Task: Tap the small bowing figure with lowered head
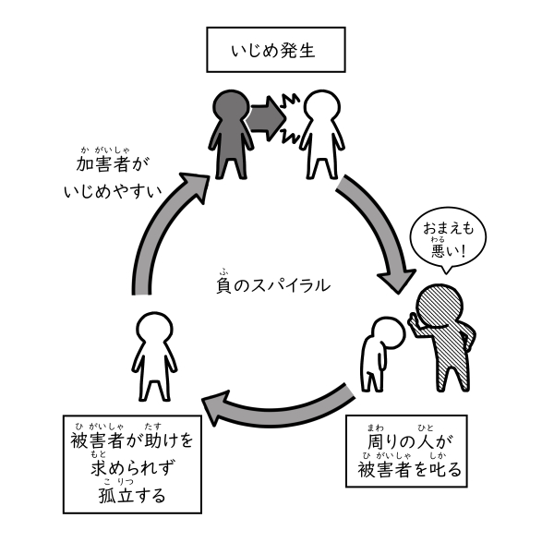[x=377, y=351]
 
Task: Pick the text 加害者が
[x=114, y=164]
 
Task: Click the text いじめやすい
[x=114, y=193]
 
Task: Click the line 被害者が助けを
[x=132, y=439]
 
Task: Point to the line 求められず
[x=132, y=467]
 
